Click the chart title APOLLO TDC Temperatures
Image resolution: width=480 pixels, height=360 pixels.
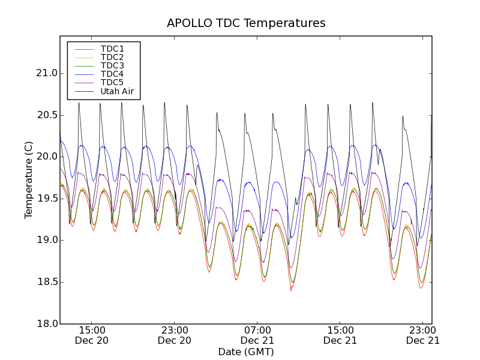[246, 23]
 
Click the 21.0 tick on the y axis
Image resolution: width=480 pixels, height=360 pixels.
[46, 73]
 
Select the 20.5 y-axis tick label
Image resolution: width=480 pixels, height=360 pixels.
[46, 115]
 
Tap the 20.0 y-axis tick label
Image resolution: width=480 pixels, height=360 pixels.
[46, 157]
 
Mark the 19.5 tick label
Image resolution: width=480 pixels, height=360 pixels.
[46, 199]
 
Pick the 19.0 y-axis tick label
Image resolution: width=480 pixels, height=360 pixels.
[46, 240]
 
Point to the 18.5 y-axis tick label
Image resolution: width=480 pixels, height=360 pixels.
[46, 282]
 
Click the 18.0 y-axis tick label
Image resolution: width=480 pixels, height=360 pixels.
[46, 323]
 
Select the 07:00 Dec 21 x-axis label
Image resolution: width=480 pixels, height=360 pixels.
[257, 335]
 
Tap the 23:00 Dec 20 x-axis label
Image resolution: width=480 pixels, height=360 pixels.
[175, 335]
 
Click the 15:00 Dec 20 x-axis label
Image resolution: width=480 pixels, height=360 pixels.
[92, 335]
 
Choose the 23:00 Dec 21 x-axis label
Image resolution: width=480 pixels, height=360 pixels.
[423, 335]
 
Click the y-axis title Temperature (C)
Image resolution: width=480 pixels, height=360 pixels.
[29, 180]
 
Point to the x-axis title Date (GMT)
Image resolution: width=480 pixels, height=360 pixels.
[246, 352]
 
